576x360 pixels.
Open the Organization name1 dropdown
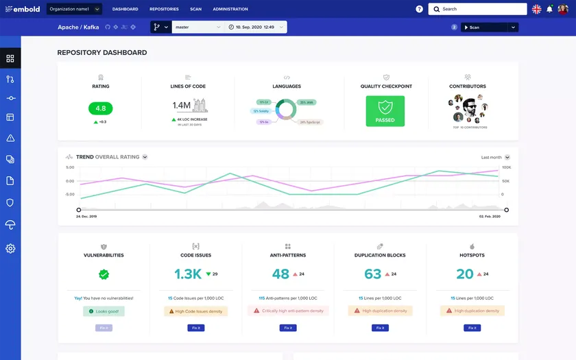[x=74, y=9]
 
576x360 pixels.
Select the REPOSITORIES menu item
[x=164, y=9]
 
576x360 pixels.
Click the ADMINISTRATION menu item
[x=230, y=9]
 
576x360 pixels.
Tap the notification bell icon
[x=549, y=9]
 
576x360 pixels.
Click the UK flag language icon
[x=536, y=9]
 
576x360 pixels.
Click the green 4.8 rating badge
[x=101, y=108]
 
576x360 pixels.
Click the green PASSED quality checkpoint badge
[x=385, y=110]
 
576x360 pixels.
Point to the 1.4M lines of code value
[x=181, y=106]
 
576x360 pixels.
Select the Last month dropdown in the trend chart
[x=495, y=157]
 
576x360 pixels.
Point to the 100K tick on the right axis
[x=507, y=167]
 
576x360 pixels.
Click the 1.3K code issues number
[x=187, y=274]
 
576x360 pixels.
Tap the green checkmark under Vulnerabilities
[x=104, y=274]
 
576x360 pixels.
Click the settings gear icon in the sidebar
[x=10, y=248]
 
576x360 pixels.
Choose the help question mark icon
[x=419, y=9]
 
